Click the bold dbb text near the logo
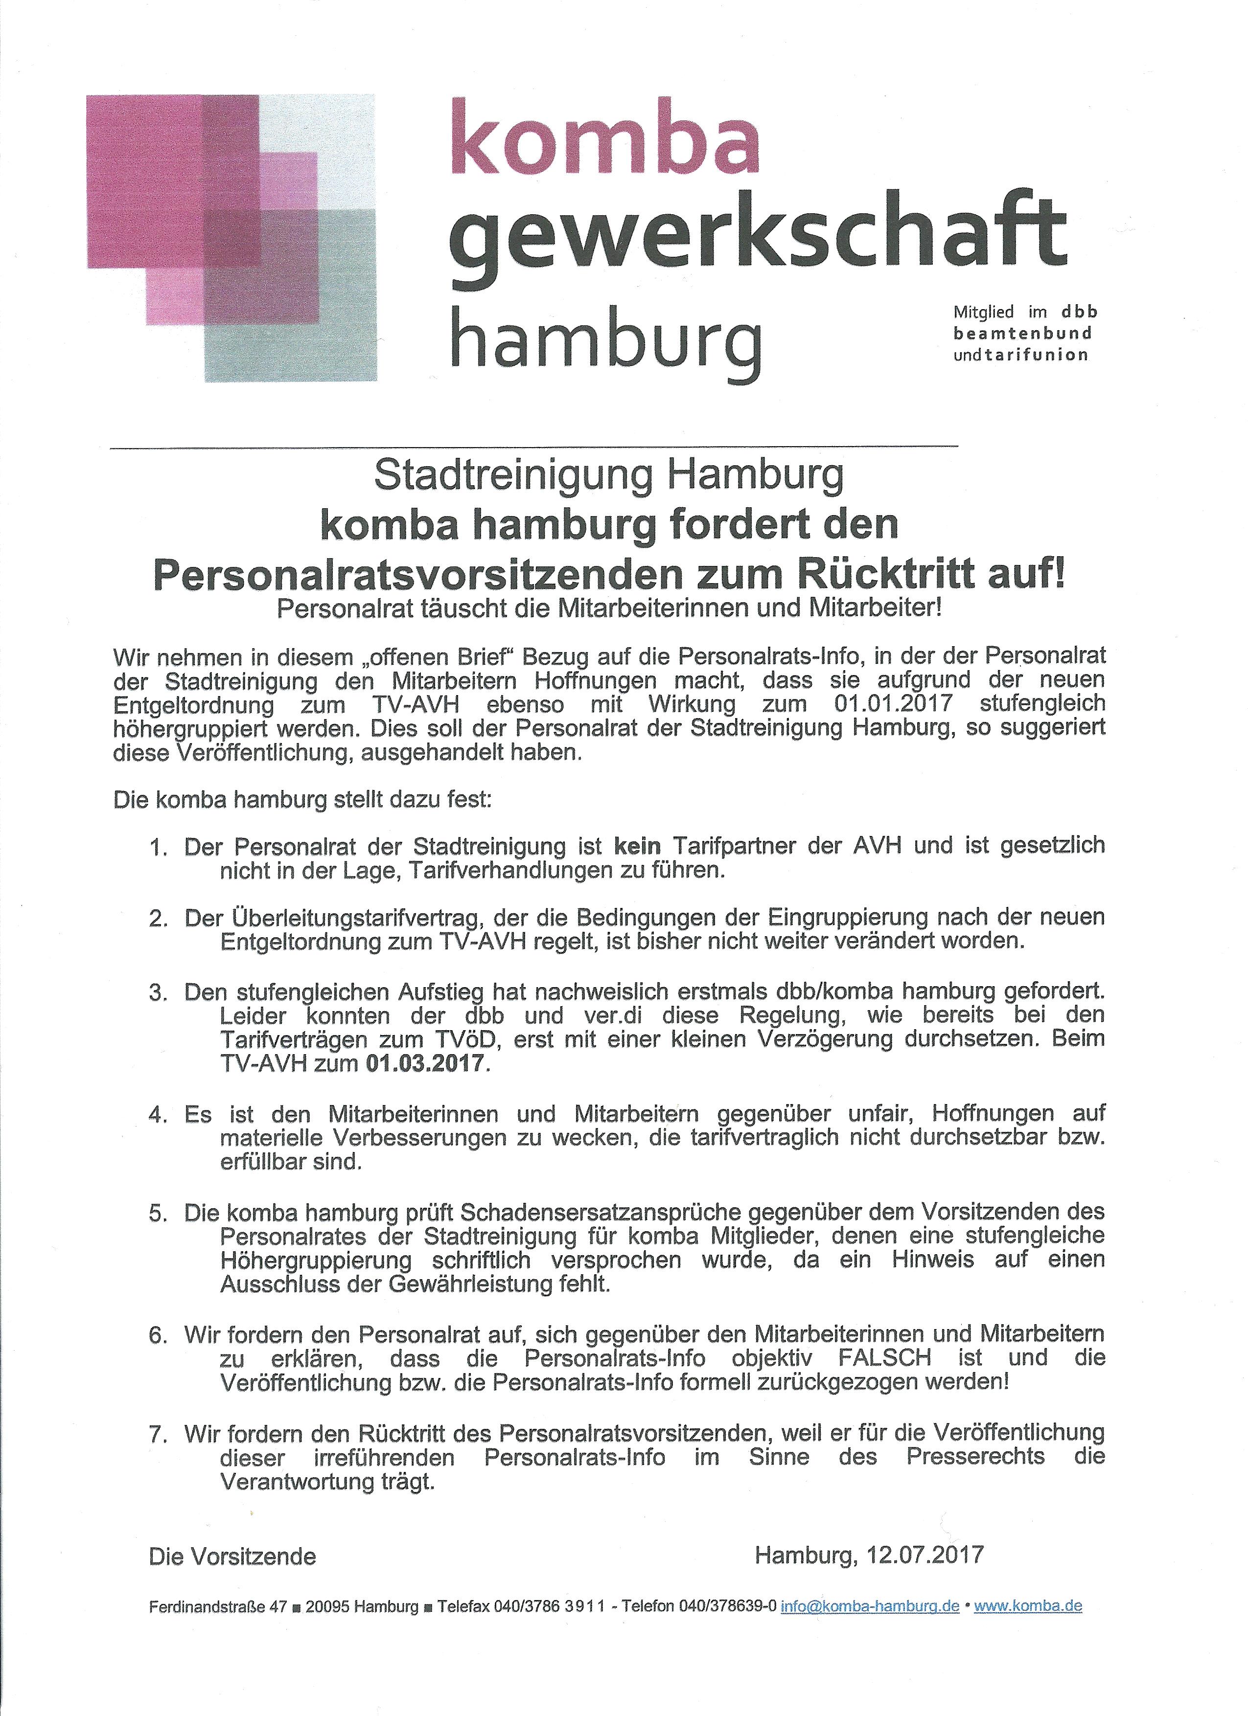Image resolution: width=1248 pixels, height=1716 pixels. coord(1079,311)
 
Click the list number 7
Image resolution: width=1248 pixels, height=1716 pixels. coord(158,1433)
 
